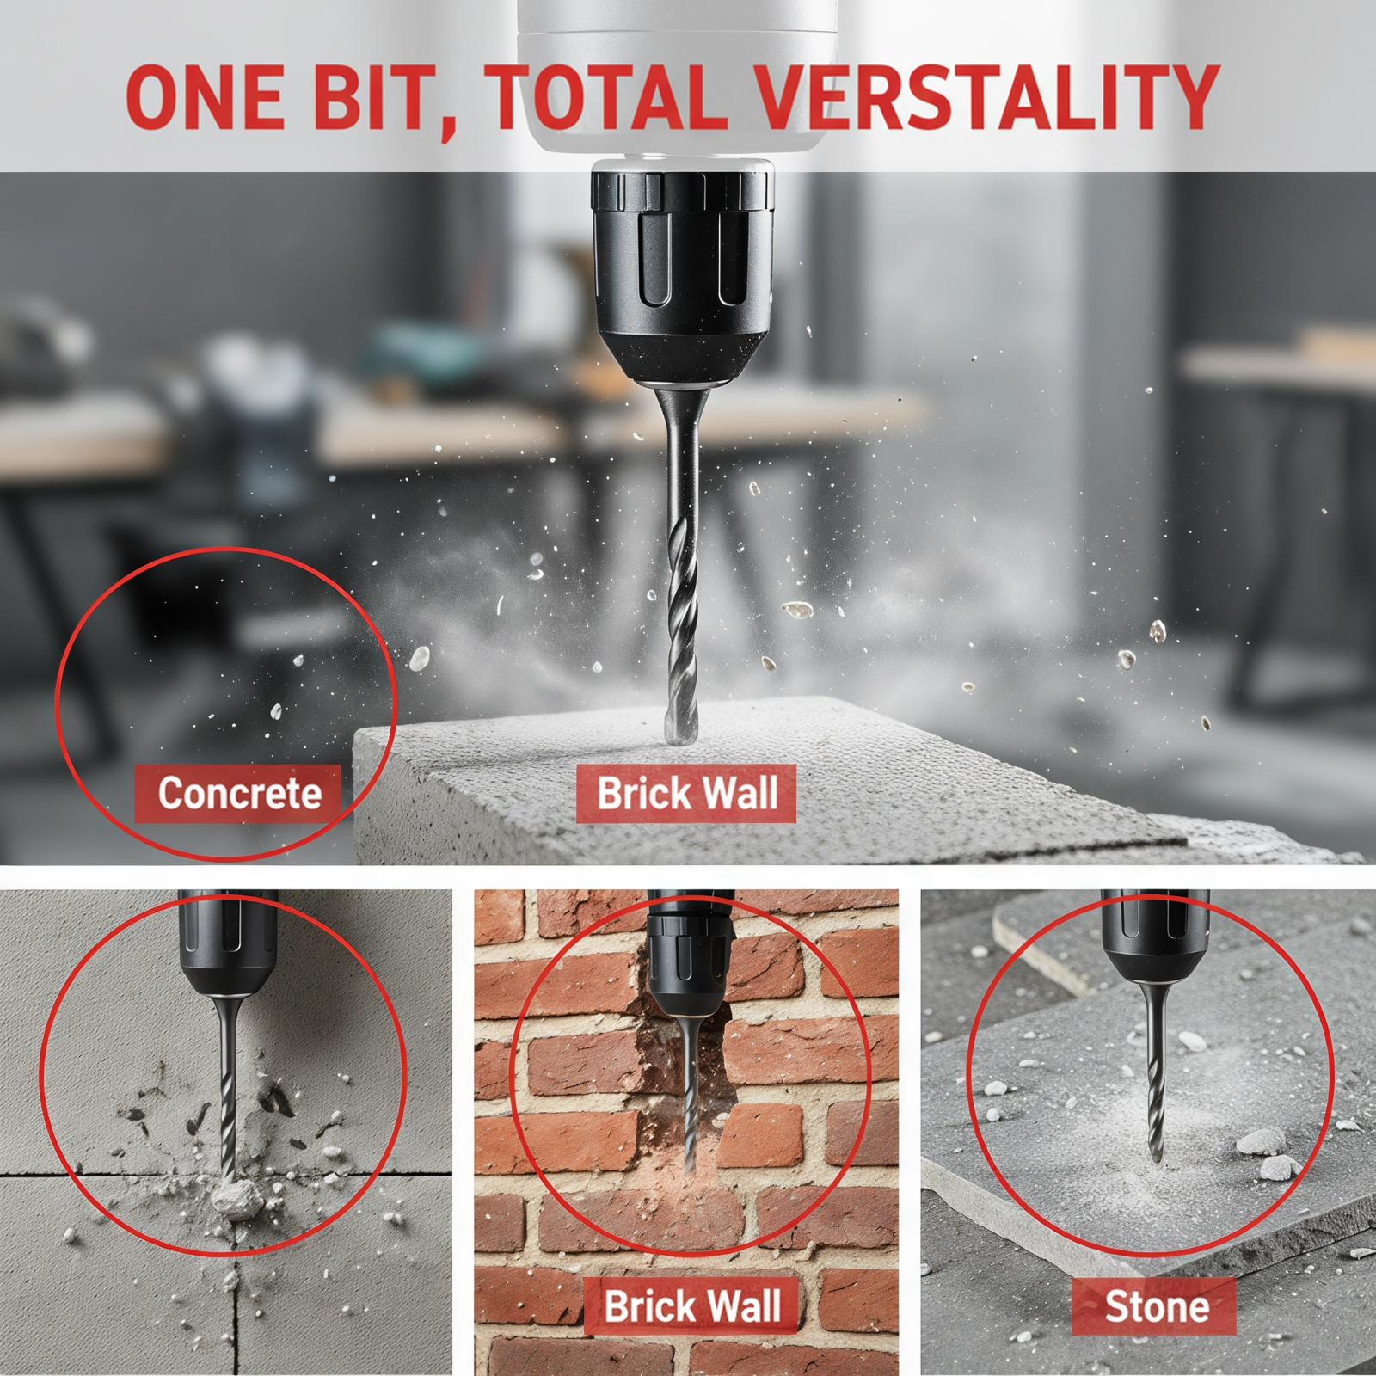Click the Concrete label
[240, 792]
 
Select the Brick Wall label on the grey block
[686, 792]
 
